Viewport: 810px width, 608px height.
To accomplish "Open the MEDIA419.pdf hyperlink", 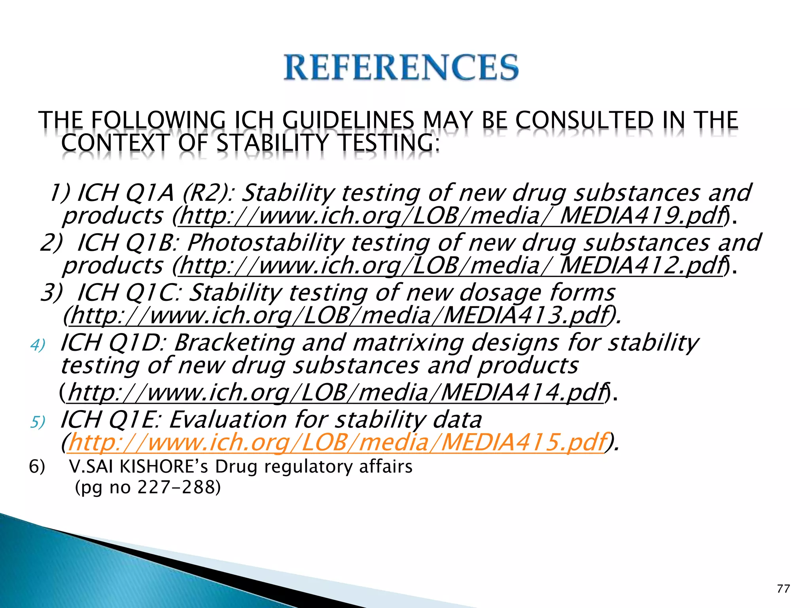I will click(x=451, y=216).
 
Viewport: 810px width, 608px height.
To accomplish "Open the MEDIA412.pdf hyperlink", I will click(x=451, y=266).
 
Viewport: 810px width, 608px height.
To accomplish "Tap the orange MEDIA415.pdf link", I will click(x=336, y=442).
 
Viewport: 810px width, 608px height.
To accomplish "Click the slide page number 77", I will click(x=783, y=589).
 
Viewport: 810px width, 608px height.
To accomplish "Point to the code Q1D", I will click(x=137, y=342).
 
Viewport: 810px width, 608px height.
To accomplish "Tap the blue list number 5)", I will click(x=38, y=422).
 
